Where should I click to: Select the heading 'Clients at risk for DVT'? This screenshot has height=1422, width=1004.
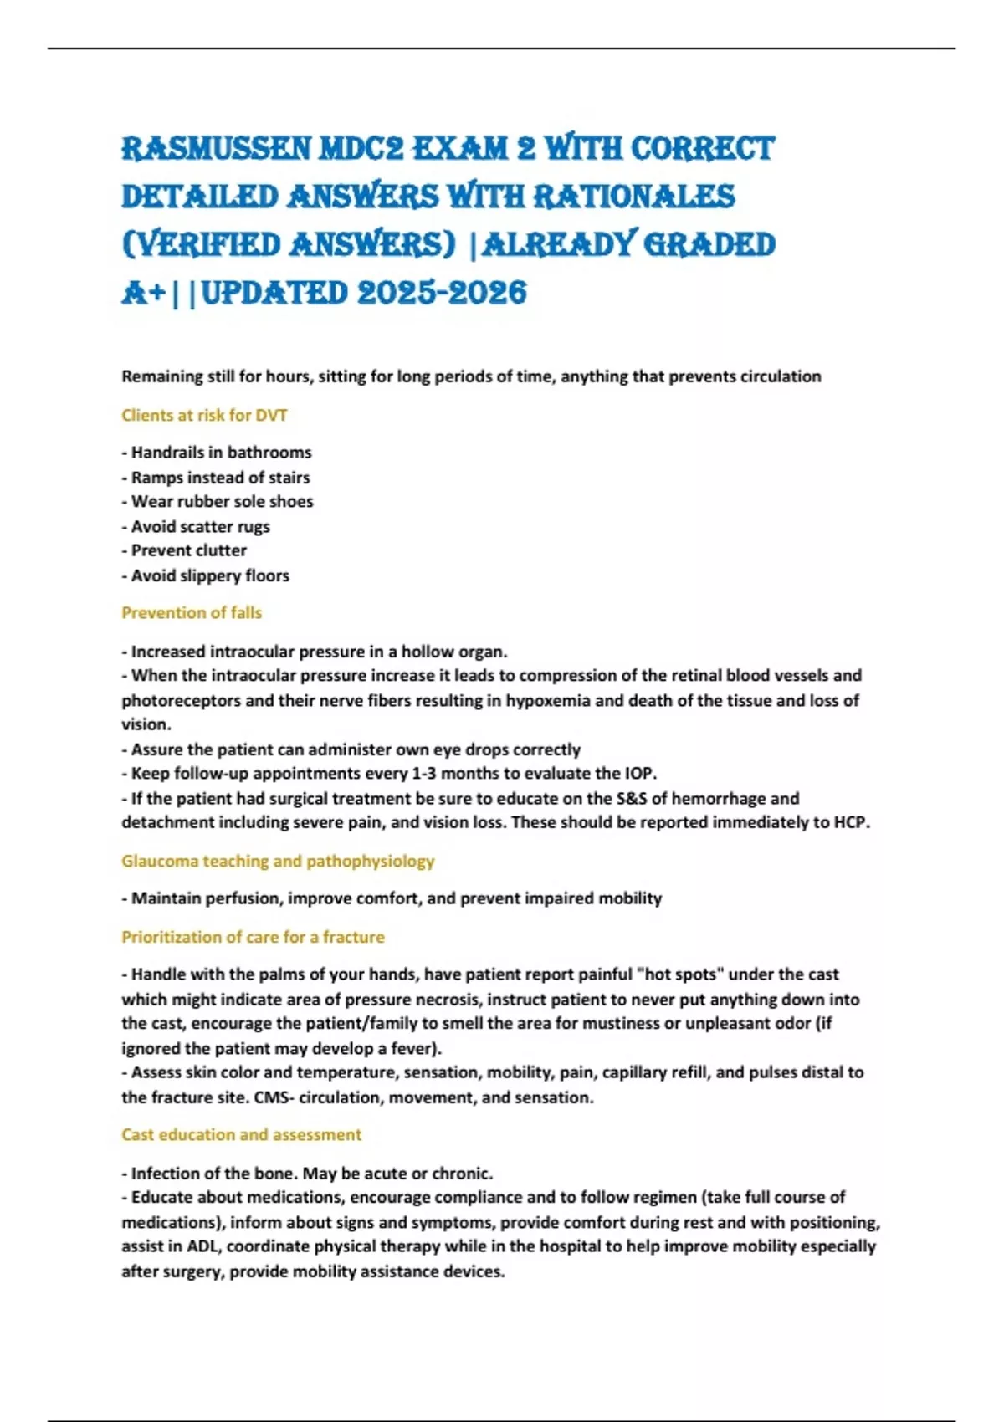(204, 415)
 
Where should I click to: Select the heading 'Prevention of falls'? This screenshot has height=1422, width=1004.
(192, 613)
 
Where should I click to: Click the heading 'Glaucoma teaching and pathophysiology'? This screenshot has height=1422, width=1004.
(278, 861)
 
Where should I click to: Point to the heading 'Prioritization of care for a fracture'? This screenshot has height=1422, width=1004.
(253, 937)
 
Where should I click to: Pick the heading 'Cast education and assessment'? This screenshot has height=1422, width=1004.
(241, 1134)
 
